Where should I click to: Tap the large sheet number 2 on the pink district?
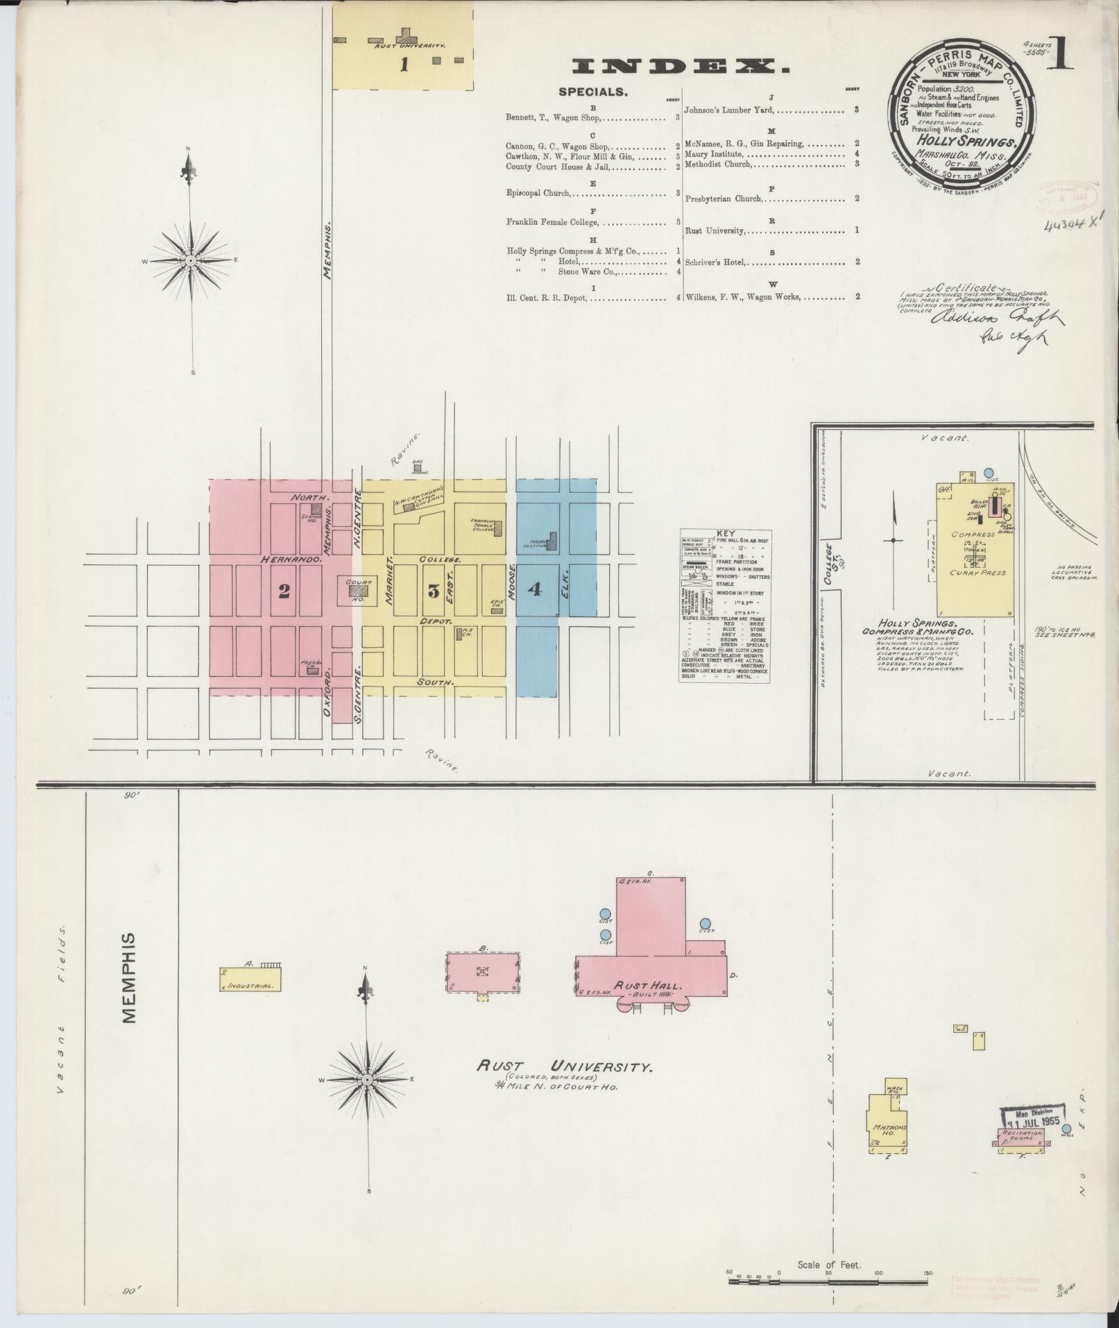tap(284, 591)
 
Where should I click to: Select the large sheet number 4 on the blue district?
tap(534, 589)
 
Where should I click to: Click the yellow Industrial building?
tap(250, 980)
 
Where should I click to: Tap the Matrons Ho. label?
tap(889, 1132)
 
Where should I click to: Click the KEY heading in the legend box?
tap(724, 534)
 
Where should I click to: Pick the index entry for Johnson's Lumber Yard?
tap(728, 110)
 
